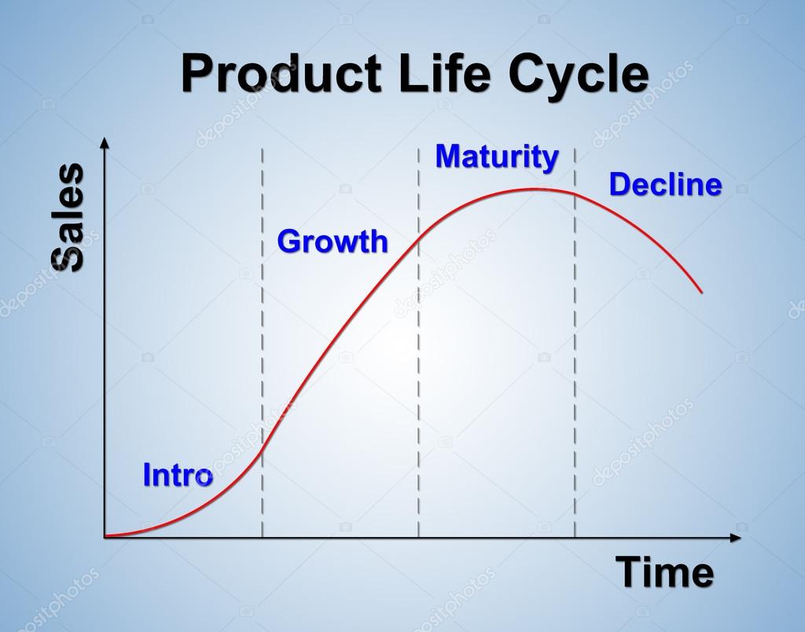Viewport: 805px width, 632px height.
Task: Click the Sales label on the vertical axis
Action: click(x=68, y=218)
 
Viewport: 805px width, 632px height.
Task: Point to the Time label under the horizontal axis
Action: click(x=664, y=572)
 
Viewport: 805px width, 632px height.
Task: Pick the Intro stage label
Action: click(x=177, y=475)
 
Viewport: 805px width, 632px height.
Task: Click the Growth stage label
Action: click(x=332, y=241)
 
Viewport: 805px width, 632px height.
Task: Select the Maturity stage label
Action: click(x=497, y=156)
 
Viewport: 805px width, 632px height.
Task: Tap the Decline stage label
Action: click(x=665, y=185)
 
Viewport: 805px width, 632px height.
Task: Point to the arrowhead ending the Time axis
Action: click(x=735, y=538)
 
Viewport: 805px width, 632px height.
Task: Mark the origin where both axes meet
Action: click(x=105, y=537)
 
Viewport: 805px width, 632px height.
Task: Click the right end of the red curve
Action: click(x=701, y=292)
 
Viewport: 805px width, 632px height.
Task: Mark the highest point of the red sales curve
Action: click(x=535, y=189)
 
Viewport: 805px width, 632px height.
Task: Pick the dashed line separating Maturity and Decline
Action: click(x=575, y=354)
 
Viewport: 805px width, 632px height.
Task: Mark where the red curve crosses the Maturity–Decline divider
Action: click(x=575, y=193)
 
